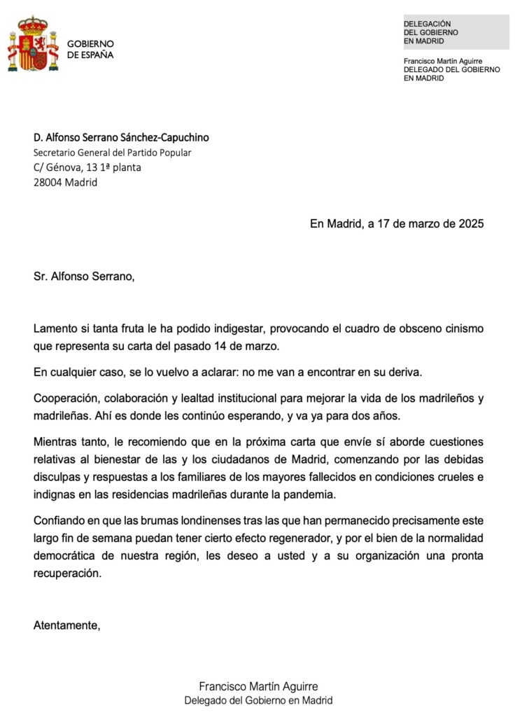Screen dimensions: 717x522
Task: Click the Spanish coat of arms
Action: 33,44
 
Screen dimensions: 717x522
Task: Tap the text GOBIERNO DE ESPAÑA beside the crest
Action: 90,49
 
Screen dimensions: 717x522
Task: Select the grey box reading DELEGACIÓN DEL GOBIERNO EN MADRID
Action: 456,32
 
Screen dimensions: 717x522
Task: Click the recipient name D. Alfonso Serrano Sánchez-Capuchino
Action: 121,138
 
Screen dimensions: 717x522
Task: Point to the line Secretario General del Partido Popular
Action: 112,153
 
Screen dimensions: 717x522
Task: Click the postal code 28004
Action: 47,183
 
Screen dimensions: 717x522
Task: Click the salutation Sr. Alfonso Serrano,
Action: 83,276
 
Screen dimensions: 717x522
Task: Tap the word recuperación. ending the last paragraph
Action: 67,573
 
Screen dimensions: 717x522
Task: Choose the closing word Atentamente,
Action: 66,625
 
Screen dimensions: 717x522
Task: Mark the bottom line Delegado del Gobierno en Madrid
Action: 258,701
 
